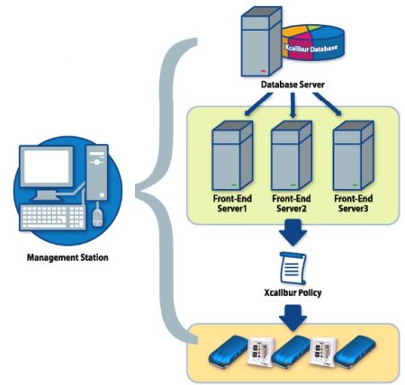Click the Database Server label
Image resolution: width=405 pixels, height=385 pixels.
click(292, 85)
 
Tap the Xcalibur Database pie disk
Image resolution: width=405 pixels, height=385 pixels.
click(313, 42)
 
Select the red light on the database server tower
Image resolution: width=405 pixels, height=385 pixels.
click(264, 71)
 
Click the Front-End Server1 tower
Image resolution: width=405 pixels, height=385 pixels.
click(232, 155)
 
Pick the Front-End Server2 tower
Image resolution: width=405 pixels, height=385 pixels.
click(292, 155)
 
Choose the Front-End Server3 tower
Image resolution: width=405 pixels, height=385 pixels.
click(354, 155)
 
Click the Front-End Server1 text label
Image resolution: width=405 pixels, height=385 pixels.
click(232, 203)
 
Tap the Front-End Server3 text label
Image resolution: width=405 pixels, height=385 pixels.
click(354, 203)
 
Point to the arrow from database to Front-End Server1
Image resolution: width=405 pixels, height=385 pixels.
click(258, 104)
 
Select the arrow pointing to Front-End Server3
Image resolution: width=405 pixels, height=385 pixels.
click(327, 104)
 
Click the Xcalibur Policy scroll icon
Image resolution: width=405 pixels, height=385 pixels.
click(292, 268)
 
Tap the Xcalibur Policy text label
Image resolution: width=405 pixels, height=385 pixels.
click(292, 292)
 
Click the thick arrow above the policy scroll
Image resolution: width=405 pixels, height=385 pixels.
click(292, 232)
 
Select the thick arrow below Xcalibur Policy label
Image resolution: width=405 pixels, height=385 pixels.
click(292, 318)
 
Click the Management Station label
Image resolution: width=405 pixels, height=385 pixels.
click(67, 257)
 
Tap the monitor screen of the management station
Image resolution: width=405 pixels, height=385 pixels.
click(47, 166)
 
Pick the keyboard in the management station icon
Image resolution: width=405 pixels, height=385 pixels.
click(52, 217)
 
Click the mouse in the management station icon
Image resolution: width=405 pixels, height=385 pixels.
click(97, 217)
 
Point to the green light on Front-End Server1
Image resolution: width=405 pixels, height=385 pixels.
click(234, 185)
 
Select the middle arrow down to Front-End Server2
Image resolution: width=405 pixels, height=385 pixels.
click(292, 105)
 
